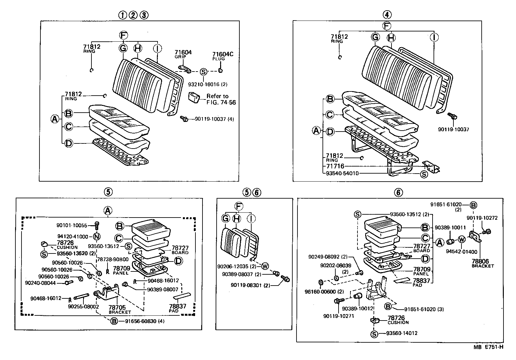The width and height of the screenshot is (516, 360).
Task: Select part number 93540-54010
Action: click(x=342, y=174)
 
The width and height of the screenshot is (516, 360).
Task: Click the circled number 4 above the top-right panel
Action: click(x=387, y=14)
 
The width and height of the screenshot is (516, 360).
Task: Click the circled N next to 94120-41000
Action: click(x=97, y=236)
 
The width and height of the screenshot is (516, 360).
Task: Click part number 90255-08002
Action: click(x=83, y=306)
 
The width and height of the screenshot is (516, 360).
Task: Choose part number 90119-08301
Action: click(x=246, y=285)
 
